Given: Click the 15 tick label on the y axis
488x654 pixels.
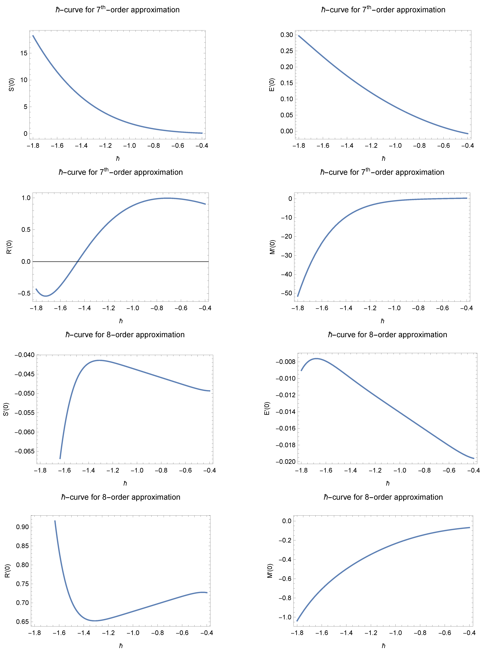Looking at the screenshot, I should tap(24, 53).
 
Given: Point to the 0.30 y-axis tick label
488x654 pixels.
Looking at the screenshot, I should tap(287, 35).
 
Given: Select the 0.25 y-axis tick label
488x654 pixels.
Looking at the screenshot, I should tap(287, 51).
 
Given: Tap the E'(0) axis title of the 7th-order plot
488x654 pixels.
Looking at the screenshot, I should tap(272, 85).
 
